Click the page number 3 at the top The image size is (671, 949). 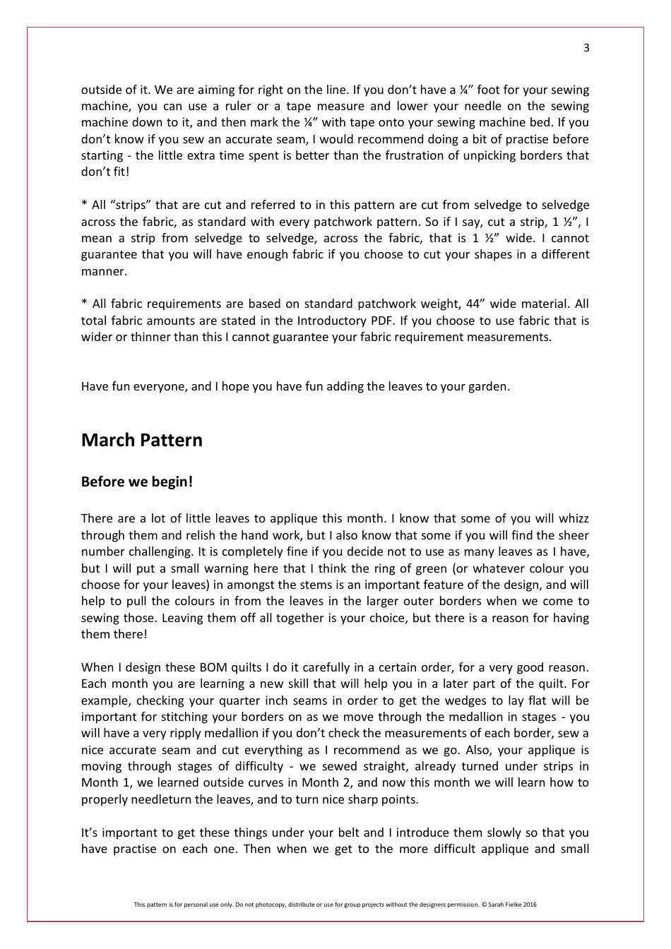(x=586, y=48)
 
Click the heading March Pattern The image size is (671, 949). (x=141, y=440)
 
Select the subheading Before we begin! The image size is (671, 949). (x=136, y=482)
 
